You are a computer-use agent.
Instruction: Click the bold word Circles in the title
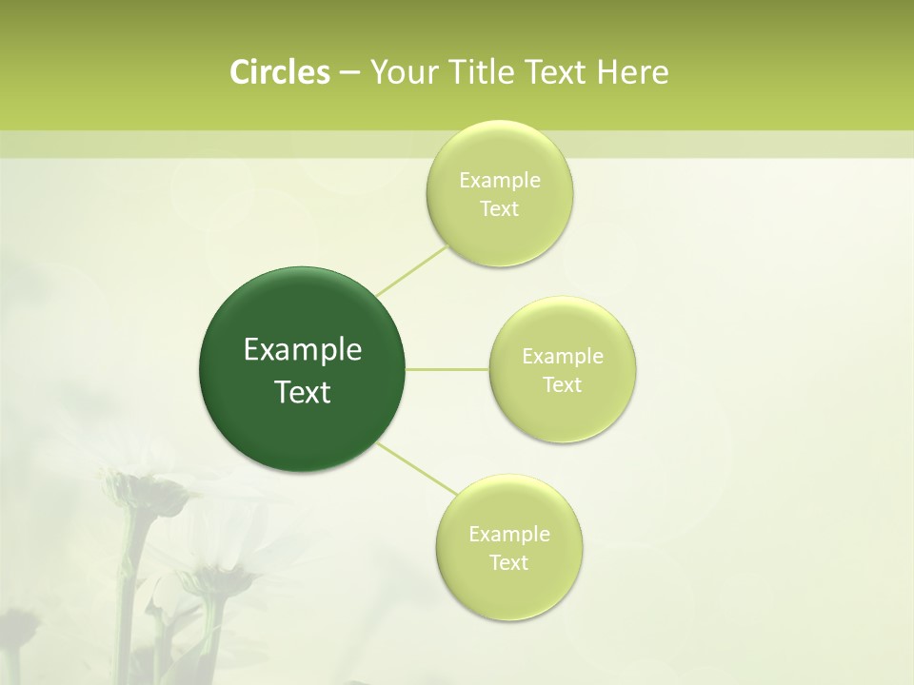point(280,72)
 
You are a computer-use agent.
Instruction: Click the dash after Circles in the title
point(348,72)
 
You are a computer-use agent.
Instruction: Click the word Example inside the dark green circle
point(303,350)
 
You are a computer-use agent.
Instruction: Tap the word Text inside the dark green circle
point(303,392)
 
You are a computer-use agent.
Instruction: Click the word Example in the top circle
point(500,181)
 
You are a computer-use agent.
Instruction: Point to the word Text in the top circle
point(499,209)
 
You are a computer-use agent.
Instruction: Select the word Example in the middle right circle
point(563,357)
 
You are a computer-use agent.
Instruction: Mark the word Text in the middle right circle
point(563,385)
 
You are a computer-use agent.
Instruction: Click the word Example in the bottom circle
point(509,535)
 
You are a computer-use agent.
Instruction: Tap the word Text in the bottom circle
point(509,563)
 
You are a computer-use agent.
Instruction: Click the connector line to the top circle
point(411,270)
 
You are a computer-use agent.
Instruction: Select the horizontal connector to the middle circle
point(447,369)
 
